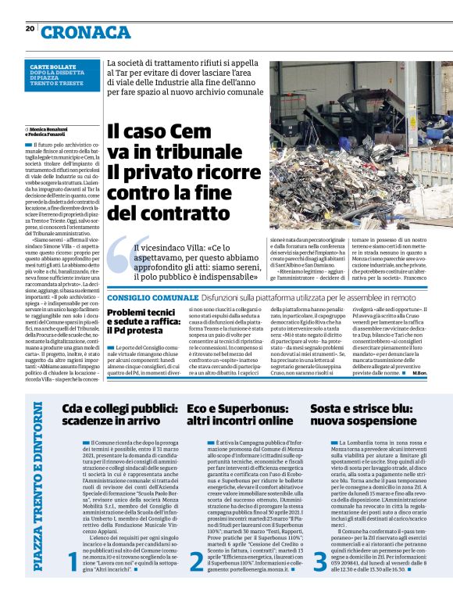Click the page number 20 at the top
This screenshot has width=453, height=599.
tap(30, 29)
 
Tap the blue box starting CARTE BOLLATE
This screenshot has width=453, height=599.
tap(60, 74)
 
